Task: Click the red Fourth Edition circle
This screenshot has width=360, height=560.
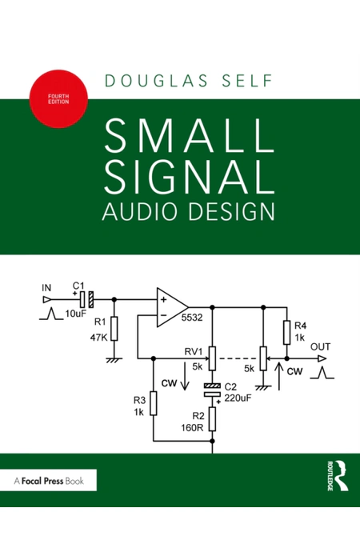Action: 58,98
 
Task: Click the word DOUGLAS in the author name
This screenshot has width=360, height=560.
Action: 157,81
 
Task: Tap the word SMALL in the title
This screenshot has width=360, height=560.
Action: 190,136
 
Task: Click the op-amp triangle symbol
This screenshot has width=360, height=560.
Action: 172,307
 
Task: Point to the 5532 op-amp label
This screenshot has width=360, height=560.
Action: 192,317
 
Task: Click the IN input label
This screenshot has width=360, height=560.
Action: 46,287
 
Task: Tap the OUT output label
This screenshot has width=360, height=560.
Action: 320,346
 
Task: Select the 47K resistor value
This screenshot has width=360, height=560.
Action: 98,337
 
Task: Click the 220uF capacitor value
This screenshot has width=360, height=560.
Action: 238,398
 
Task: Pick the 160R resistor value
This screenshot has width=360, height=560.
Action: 192,427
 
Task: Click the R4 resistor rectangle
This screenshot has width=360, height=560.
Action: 286,333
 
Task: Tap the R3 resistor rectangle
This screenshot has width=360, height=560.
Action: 154,403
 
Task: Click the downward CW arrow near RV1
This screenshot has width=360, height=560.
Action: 185,376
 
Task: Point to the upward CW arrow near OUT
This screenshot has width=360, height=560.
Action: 279,376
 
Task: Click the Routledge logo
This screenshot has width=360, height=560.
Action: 337,476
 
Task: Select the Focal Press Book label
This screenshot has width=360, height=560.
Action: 49,481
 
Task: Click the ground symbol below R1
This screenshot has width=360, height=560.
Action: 114,360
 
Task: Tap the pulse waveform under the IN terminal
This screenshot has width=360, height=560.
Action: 51,314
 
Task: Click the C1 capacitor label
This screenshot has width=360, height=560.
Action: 78,286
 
